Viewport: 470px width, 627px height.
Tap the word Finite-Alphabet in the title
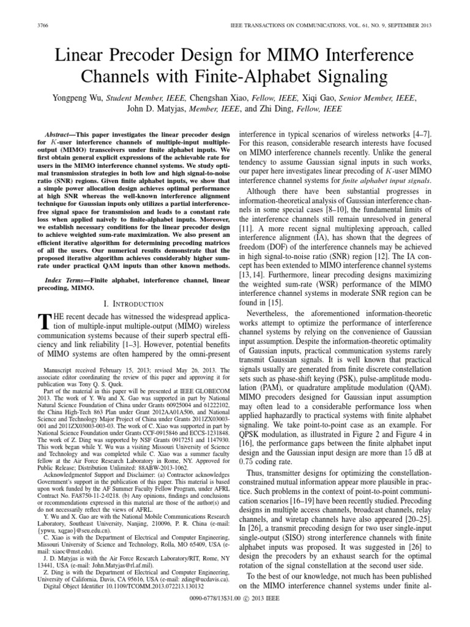pyautogui.click(x=259, y=77)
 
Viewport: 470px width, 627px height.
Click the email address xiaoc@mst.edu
pyautogui.click(x=64, y=551)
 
